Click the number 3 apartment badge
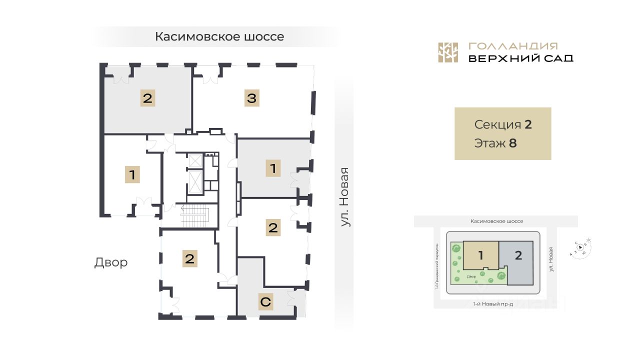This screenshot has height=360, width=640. click(251, 98)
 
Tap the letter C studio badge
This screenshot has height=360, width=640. click(265, 302)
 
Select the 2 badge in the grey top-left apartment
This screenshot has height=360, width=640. click(147, 98)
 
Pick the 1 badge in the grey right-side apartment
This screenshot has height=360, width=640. click(273, 168)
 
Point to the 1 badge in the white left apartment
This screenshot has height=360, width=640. click(132, 175)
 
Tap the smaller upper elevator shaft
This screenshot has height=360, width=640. click(194, 161)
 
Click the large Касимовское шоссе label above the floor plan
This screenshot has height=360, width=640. click(219, 36)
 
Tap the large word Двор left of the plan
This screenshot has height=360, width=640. click(111, 262)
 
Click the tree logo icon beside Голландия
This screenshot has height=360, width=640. click(448, 52)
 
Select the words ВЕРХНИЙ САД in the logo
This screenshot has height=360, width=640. click(520, 58)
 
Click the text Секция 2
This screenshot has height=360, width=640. click(502, 124)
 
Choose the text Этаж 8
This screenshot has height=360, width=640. click(495, 143)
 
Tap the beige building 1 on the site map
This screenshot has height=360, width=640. click(480, 255)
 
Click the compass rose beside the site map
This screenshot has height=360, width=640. click(580, 247)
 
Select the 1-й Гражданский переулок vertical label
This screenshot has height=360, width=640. click(436, 266)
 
